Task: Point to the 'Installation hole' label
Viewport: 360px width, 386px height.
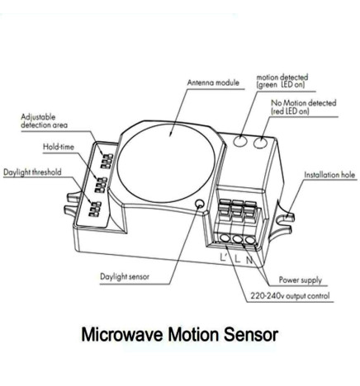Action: click(329, 175)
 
